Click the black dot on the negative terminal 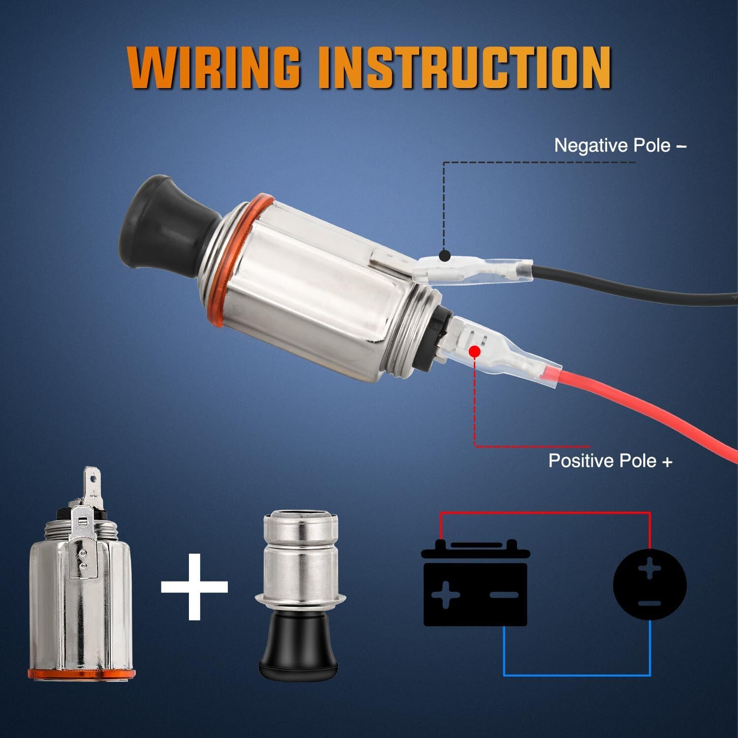444,255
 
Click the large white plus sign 195,586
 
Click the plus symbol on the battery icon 445,595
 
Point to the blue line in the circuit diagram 576,675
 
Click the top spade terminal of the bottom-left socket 93,480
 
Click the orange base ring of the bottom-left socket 81,674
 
